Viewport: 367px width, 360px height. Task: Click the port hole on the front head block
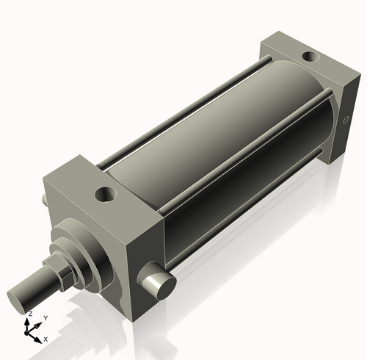(107, 195)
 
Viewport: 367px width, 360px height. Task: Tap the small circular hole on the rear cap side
(346, 120)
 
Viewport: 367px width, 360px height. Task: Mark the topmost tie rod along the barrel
(183, 110)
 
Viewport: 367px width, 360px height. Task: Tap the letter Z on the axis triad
(29, 314)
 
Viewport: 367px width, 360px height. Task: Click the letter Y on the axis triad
(46, 317)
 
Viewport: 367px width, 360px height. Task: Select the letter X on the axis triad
(46, 339)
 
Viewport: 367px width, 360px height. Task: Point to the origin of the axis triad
(30, 330)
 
